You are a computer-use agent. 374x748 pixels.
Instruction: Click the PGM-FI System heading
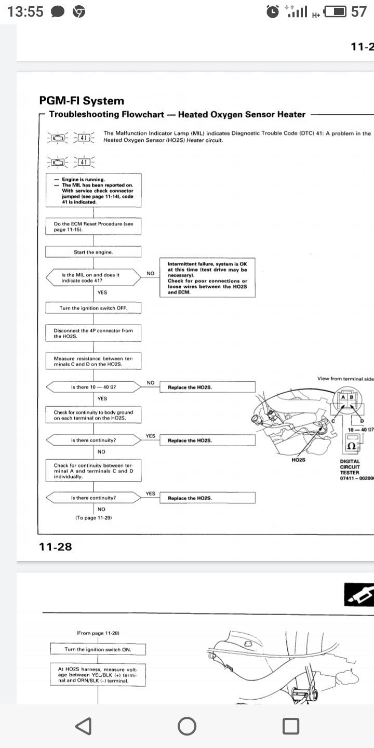(x=82, y=101)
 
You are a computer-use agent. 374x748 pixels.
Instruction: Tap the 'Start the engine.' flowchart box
(x=94, y=252)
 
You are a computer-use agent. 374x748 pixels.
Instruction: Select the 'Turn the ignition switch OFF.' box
(x=94, y=308)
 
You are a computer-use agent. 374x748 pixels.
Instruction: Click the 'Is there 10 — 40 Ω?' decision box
(x=94, y=388)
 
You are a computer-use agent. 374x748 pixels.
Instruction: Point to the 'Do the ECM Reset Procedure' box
(x=94, y=226)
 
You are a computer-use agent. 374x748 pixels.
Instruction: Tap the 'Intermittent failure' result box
(x=207, y=278)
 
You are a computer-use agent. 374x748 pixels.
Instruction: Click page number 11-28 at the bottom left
(x=55, y=546)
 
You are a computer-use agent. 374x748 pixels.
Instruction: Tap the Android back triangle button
(x=84, y=726)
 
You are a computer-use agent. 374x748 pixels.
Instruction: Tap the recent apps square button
(x=290, y=726)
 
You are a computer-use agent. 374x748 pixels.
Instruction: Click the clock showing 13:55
(x=25, y=11)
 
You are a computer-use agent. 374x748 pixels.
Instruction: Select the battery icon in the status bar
(x=335, y=11)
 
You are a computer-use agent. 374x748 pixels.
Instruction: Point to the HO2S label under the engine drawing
(x=299, y=460)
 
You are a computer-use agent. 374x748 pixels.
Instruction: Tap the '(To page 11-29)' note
(x=94, y=518)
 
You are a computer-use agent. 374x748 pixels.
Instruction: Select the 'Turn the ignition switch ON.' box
(x=98, y=649)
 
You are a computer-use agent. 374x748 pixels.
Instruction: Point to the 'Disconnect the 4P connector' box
(x=94, y=333)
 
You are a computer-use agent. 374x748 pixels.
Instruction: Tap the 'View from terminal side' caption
(x=345, y=379)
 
